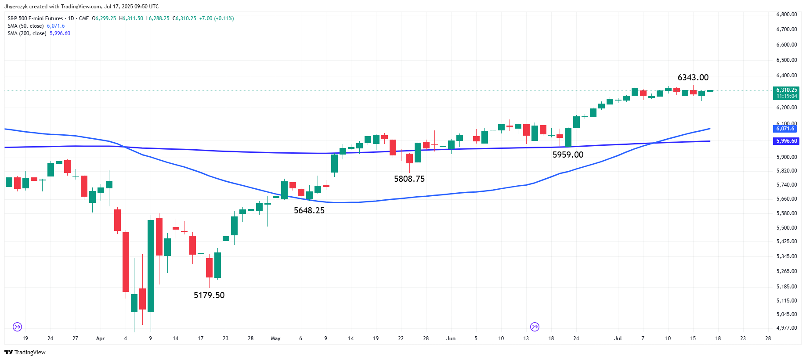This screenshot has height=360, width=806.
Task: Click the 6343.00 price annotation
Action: click(693, 78)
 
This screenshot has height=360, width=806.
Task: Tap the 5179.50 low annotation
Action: click(209, 295)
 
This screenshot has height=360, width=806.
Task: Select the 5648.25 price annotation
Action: click(309, 211)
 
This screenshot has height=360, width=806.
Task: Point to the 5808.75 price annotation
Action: click(409, 179)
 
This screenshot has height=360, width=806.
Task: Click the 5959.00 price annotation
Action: click(568, 155)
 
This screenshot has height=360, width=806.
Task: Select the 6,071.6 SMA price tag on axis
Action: click(785, 129)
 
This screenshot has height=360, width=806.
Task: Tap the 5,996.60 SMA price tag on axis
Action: click(786, 141)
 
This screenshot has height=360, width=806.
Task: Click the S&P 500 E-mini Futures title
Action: click(35, 18)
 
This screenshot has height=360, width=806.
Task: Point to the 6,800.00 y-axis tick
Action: click(787, 14)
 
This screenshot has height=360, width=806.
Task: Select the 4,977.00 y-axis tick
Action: click(787, 328)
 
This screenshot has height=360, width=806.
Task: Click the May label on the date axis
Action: click(275, 338)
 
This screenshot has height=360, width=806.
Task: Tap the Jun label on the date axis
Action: click(451, 338)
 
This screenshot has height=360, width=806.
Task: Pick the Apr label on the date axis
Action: click(100, 338)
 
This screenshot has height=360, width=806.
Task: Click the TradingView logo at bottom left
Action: click(25, 352)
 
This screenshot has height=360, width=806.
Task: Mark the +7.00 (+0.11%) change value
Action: click(217, 18)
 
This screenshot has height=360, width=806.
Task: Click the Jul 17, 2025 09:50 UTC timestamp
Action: click(131, 7)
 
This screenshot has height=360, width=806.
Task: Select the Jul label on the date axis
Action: click(618, 338)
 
